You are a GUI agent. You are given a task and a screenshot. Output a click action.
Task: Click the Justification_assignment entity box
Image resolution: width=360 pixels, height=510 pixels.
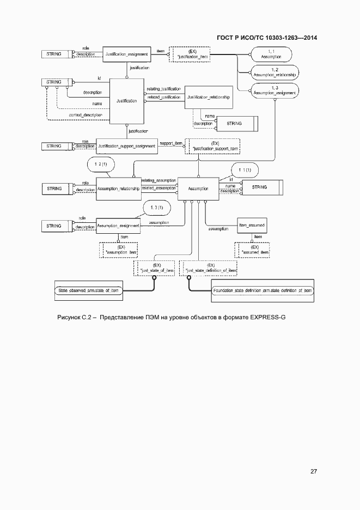coord(126,54)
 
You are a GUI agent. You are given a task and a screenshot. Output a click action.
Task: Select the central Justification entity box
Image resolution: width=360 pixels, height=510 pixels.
coord(127,101)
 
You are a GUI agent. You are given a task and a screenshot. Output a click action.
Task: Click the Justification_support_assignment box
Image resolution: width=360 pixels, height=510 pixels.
coord(126,146)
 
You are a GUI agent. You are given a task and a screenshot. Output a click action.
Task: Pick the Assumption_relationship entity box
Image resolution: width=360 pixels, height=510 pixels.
coord(118,189)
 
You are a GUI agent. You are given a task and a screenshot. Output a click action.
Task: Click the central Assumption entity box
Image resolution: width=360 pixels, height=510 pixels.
coord(198,189)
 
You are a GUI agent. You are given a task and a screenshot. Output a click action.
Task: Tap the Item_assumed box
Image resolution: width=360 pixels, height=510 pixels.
coord(252,224)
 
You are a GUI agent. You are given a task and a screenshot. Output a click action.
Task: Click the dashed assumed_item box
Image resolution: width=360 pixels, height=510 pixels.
coord(254,250)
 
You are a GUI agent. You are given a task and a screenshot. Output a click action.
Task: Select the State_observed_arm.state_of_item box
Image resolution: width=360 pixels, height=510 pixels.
coord(88,292)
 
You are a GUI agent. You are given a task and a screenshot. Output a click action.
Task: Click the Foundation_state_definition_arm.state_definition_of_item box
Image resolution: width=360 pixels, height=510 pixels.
coord(262,292)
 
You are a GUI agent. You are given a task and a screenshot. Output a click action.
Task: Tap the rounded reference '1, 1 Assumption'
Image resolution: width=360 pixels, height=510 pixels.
coord(271,54)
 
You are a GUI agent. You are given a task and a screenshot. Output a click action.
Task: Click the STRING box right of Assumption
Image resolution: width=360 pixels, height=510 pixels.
coord(260,187)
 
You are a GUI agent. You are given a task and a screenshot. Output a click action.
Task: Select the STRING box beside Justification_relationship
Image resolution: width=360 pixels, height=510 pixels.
coord(235,124)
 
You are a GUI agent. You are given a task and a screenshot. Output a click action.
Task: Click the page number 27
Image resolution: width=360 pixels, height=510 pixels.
coord(314,471)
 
